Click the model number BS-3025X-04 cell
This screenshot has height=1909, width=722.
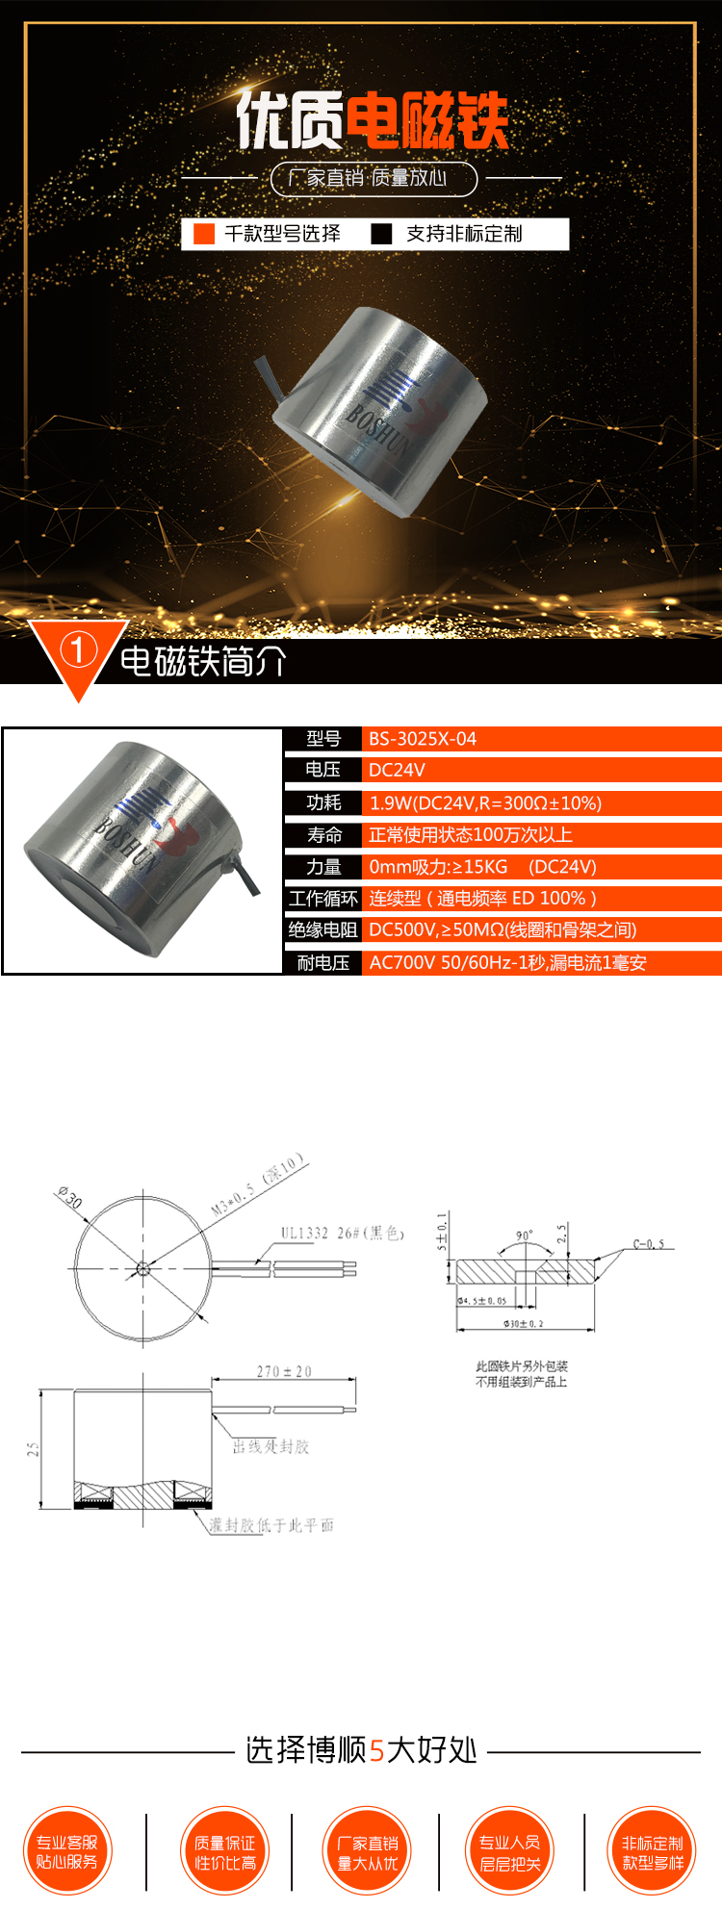pyautogui.click(x=423, y=739)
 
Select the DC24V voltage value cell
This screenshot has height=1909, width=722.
pyautogui.click(x=397, y=770)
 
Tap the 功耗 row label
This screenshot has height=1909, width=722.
pyautogui.click(x=323, y=802)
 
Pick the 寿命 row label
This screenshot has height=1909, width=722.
pyautogui.click(x=323, y=834)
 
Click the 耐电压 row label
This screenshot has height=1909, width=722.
pyautogui.click(x=323, y=962)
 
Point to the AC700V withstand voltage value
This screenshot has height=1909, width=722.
pyautogui.click(x=507, y=962)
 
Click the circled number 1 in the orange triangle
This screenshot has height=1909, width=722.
pyautogui.click(x=78, y=651)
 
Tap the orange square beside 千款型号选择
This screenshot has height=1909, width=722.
pyautogui.click(x=204, y=234)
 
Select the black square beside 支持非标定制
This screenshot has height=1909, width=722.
pyautogui.click(x=382, y=234)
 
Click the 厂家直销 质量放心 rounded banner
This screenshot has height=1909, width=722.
pyautogui.click(x=374, y=178)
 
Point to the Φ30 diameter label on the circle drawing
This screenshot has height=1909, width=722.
pyautogui.click(x=70, y=1198)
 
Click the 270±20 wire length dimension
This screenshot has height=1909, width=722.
pyautogui.click(x=284, y=1371)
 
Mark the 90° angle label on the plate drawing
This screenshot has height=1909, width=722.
pyautogui.click(x=524, y=1235)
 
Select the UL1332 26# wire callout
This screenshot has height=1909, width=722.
pyautogui.click(x=342, y=1233)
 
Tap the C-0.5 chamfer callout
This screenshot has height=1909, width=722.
pyautogui.click(x=649, y=1244)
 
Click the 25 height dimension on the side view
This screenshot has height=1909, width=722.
pyautogui.click(x=33, y=1449)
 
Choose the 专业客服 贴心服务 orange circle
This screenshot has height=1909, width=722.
pyautogui.click(x=67, y=1851)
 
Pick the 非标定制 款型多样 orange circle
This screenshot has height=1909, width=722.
pyautogui.click(x=653, y=1851)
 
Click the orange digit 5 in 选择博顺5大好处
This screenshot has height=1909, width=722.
pyautogui.click(x=376, y=1750)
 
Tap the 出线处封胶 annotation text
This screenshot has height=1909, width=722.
pyautogui.click(x=271, y=1447)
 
